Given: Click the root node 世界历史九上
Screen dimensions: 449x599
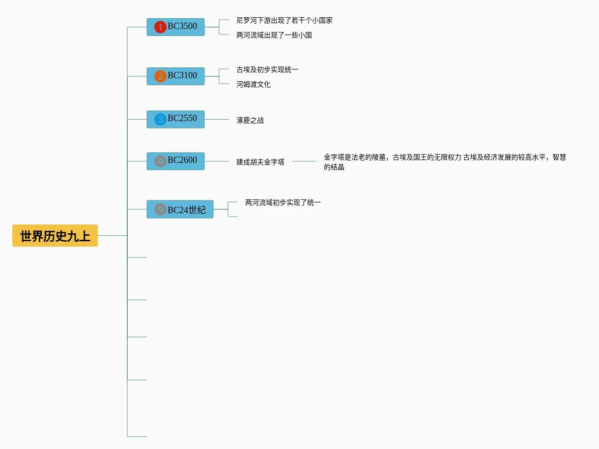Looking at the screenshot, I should click(x=55, y=236).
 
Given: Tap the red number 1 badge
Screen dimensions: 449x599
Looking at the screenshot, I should click(x=160, y=27).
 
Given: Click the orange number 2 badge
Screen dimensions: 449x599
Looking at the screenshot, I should click(x=160, y=76).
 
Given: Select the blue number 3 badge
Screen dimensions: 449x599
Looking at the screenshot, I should click(x=160, y=119).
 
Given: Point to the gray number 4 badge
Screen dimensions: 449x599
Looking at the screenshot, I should click(x=160, y=161).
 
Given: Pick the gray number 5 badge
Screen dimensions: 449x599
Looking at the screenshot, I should click(x=160, y=209).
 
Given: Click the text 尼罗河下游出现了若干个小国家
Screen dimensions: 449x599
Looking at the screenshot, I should click(x=284, y=21).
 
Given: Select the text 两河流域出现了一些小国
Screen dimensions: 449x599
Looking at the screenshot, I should click(x=274, y=35).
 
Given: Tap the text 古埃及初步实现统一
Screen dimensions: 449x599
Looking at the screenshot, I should click(x=267, y=70).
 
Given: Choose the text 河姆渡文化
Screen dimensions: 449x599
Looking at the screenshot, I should click(x=253, y=85).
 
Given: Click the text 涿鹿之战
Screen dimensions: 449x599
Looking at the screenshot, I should click(x=250, y=121).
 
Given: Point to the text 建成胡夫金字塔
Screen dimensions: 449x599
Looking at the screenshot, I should click(x=260, y=162).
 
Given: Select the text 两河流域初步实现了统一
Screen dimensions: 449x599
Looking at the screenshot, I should click(x=283, y=203).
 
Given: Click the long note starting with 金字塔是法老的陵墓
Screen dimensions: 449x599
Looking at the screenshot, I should click(x=444, y=161).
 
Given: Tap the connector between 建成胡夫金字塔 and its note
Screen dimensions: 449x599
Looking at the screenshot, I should click(x=304, y=161).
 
